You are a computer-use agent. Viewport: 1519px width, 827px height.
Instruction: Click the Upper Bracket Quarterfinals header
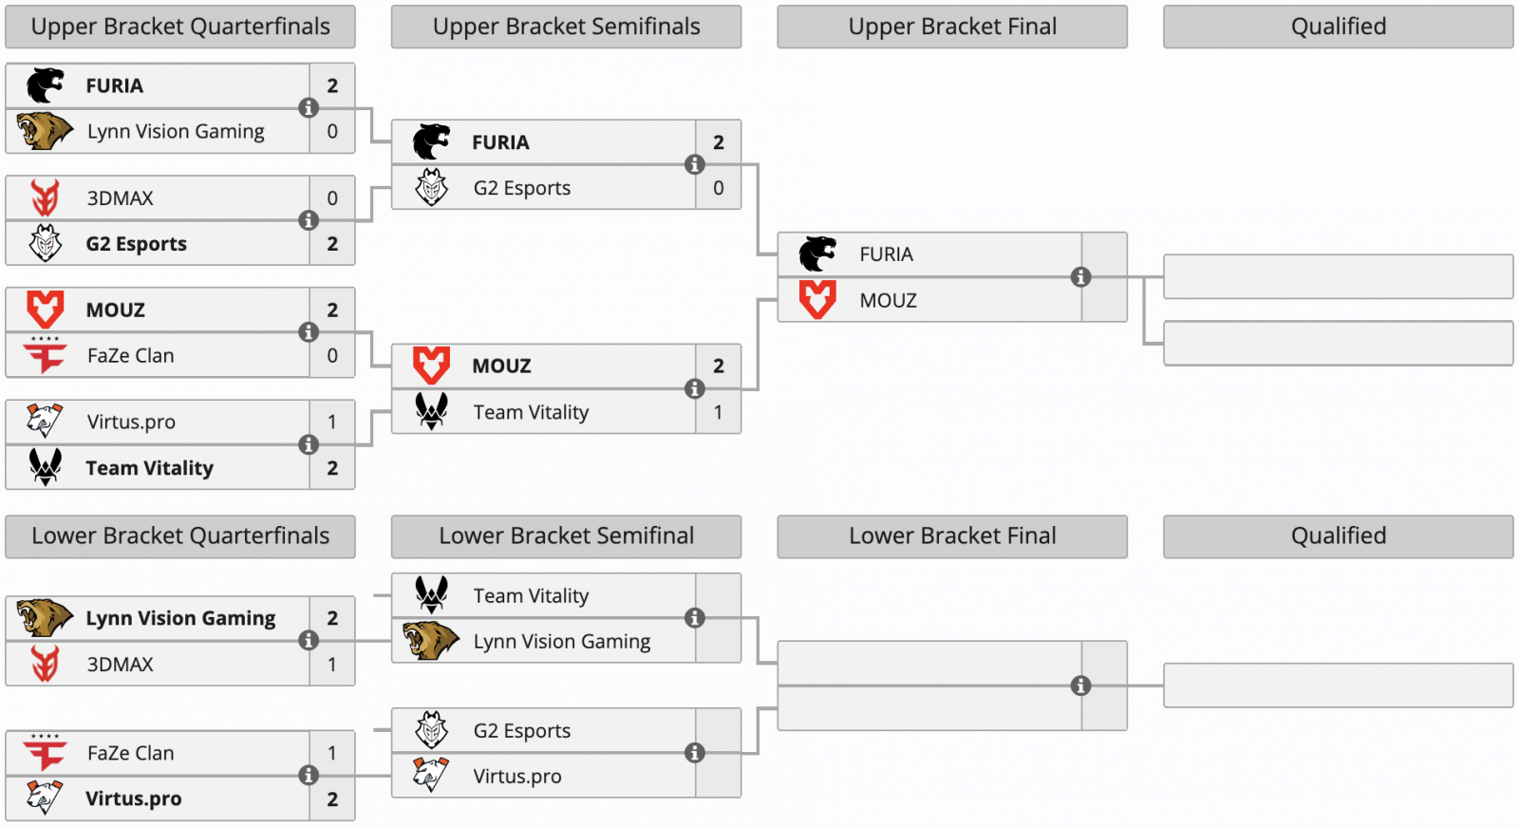coord(180,27)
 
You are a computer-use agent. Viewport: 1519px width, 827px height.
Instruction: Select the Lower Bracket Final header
coord(952,536)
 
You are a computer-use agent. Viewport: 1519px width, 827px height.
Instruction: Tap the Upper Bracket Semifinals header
coord(566,27)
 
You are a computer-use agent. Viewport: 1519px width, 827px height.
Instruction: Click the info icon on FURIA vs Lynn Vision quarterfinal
coord(309,108)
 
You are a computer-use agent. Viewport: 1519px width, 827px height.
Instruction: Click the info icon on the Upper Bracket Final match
coord(1080,277)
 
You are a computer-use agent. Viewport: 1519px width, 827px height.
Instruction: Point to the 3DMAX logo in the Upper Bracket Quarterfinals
coord(45,198)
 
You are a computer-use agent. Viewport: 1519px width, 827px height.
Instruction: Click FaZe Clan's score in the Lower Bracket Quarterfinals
coord(332,753)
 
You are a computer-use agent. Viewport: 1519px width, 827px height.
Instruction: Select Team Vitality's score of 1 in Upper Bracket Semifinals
coord(718,412)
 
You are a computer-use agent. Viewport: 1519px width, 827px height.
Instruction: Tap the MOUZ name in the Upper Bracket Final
coord(888,301)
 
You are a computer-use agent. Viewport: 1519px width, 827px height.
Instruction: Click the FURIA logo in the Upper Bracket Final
coord(816,254)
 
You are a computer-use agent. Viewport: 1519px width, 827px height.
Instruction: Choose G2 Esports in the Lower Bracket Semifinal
coord(521,731)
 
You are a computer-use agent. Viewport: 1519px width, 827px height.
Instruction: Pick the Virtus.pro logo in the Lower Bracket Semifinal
coord(431,776)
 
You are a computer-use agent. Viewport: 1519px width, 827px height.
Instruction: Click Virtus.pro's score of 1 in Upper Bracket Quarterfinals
coord(332,422)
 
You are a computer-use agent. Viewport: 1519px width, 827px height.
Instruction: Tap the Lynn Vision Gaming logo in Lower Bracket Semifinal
coord(430,641)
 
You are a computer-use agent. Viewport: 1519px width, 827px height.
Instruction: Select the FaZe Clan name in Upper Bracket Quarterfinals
coord(130,356)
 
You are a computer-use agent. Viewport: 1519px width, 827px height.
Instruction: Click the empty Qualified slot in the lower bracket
coord(1338,686)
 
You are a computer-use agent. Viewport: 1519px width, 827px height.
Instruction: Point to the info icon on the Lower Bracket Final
coord(1080,686)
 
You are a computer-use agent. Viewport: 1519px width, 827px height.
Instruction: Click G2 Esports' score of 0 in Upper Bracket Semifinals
coord(718,188)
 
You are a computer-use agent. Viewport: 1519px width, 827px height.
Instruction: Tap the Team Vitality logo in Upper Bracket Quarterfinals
coord(45,467)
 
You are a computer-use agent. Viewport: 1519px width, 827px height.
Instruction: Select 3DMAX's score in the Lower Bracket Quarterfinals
coord(332,665)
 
